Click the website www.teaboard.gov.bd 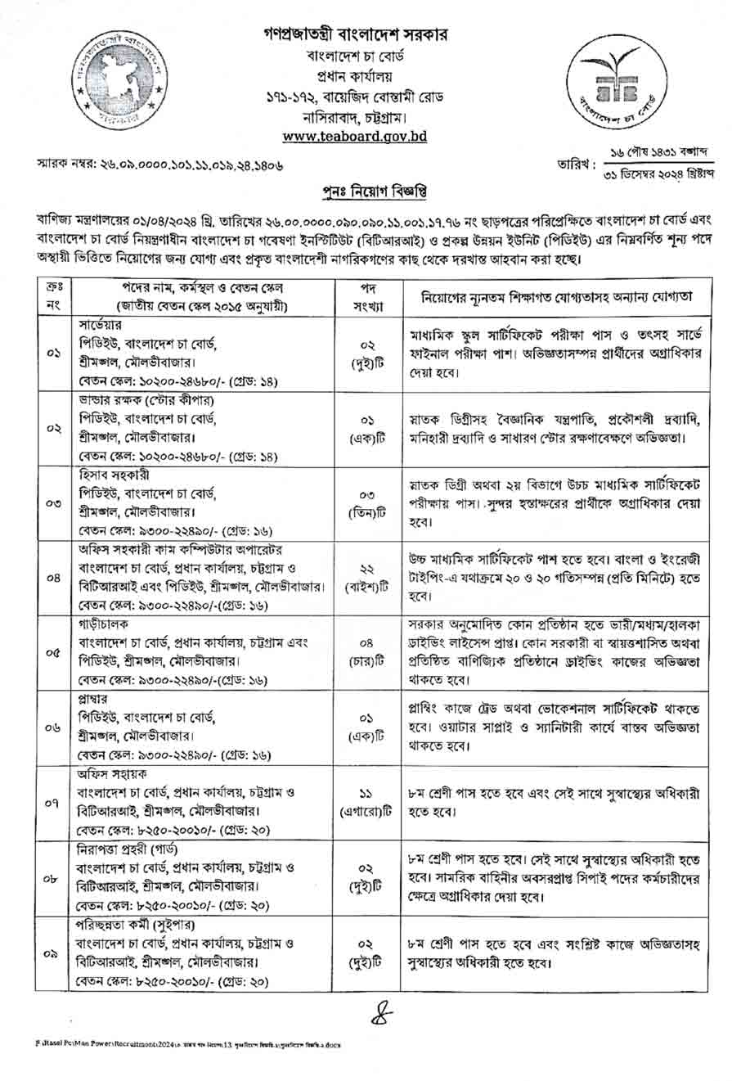(354, 137)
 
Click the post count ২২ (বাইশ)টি (366, 576)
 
